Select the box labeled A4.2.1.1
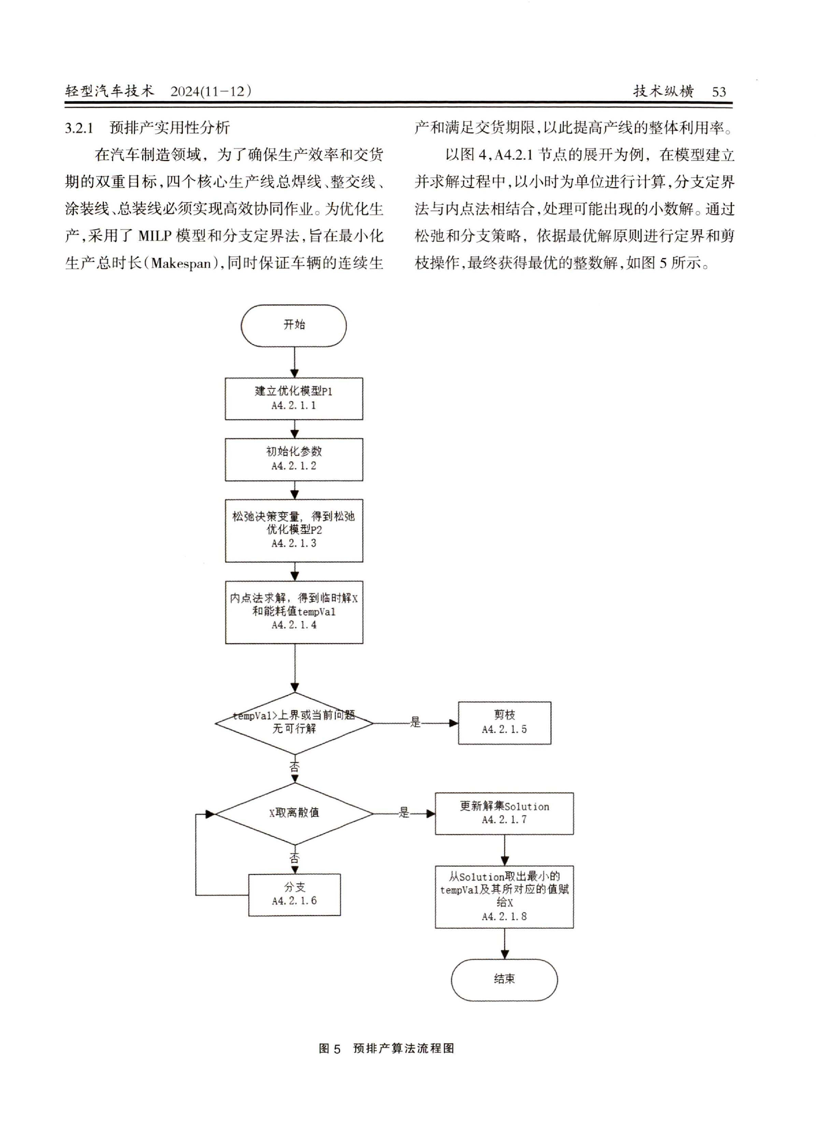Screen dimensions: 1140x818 point(294,398)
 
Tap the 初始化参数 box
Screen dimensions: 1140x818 point(294,459)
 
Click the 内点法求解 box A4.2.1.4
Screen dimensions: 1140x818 point(294,612)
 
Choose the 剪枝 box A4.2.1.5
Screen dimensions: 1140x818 point(504,722)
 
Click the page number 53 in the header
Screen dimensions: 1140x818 point(719,91)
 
